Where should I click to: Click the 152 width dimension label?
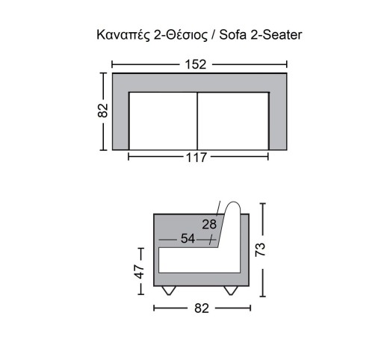tap(196, 64)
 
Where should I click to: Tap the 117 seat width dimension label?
tap(196, 158)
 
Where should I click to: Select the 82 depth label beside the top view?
tap(102, 110)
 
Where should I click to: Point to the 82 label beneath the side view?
tap(202, 308)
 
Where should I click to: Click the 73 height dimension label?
tap(261, 249)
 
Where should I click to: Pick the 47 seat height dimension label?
tap(139, 271)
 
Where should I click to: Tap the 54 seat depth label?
tap(188, 238)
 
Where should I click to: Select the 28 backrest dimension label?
tap(209, 224)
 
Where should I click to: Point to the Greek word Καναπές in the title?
tap(123, 35)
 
